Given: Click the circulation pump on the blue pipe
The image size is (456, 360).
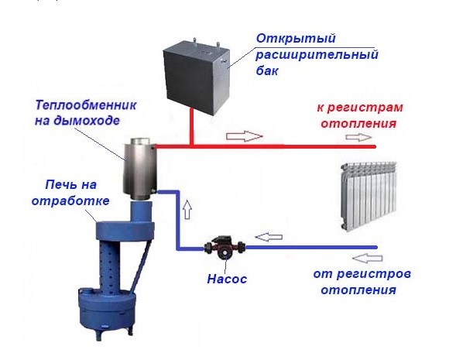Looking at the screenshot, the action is click(x=225, y=248).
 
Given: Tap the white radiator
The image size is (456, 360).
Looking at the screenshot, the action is click(x=369, y=197).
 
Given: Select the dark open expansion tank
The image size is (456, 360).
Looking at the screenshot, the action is click(x=197, y=76).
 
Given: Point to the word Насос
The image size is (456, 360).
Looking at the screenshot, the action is click(x=227, y=279).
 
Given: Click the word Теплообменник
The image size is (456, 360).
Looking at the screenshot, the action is click(x=85, y=105).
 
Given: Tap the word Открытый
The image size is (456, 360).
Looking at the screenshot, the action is click(x=296, y=39).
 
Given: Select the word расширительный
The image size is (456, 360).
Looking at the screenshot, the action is click(x=317, y=55).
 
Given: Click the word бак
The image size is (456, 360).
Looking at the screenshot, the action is click(x=267, y=70).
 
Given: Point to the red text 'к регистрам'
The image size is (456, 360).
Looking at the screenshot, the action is click(x=360, y=108).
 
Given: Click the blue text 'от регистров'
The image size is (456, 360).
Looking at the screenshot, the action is click(x=362, y=274).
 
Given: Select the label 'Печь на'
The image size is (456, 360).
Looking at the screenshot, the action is click(x=71, y=185).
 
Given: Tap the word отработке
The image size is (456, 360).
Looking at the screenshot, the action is click(x=70, y=201).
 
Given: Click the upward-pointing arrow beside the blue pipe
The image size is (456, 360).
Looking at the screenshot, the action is click(x=188, y=209).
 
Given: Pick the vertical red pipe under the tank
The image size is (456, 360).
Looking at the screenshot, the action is click(x=191, y=127).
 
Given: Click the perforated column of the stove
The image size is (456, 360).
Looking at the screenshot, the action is click(x=108, y=267).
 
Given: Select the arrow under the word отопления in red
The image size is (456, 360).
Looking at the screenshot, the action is click(x=359, y=137).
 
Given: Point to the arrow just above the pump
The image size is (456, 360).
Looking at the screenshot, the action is click(x=269, y=237).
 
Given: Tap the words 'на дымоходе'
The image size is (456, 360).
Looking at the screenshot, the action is click(x=77, y=121).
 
